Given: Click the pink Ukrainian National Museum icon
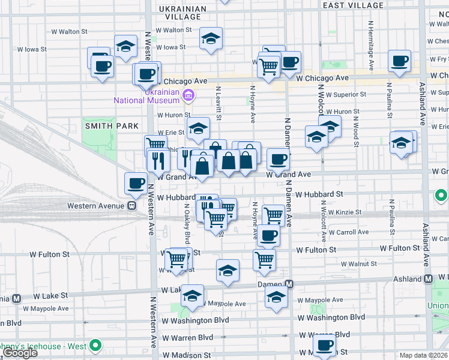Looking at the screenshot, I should click(x=188, y=95).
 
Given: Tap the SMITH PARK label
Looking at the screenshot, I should click(x=112, y=125).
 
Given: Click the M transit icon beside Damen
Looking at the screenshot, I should click(x=289, y=284).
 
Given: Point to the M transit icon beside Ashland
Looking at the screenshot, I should click(x=428, y=279).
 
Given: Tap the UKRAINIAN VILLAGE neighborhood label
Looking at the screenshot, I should click(x=181, y=13).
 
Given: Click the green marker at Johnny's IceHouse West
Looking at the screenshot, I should click(x=94, y=346).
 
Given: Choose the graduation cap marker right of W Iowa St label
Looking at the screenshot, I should click(x=211, y=39).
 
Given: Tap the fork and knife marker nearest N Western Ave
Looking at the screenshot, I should click(x=158, y=160).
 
